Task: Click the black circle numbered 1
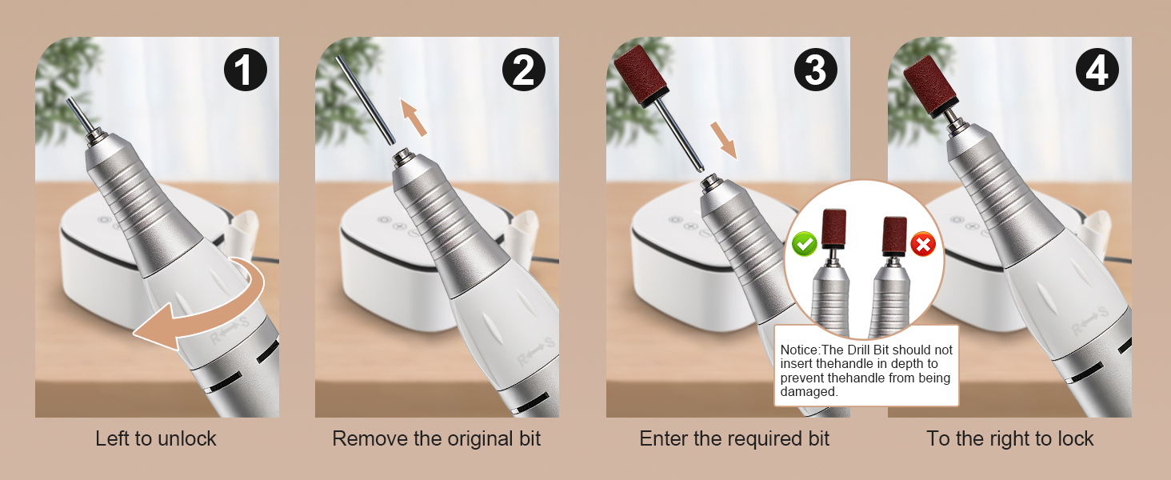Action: click(x=246, y=70)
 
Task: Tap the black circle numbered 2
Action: click(x=524, y=70)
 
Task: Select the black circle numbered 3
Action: click(x=816, y=70)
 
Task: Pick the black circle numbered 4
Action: click(x=1097, y=70)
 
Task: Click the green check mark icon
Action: click(x=804, y=244)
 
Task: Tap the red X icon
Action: click(x=923, y=244)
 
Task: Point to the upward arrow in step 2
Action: click(x=413, y=117)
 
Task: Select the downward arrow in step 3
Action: click(x=724, y=140)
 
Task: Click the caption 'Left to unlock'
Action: click(x=156, y=438)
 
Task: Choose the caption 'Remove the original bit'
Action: click(x=437, y=438)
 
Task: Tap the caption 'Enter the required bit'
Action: click(x=734, y=438)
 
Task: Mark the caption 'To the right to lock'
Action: click(x=1010, y=438)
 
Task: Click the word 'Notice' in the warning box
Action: click(x=799, y=350)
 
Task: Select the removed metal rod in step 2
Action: click(x=365, y=99)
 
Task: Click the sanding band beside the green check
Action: click(x=833, y=228)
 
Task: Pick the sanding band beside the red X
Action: click(x=894, y=235)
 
